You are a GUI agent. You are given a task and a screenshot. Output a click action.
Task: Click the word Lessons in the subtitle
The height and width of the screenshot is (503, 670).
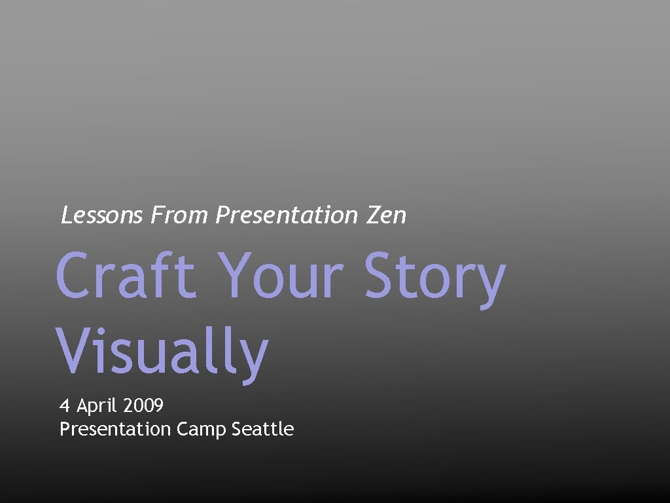click(x=101, y=215)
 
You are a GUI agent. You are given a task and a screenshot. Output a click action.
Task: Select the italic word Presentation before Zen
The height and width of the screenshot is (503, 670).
click(x=287, y=215)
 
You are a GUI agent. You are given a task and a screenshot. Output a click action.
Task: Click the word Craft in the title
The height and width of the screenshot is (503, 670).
click(x=126, y=276)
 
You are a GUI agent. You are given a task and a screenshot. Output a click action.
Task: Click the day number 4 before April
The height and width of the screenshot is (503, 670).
click(x=65, y=406)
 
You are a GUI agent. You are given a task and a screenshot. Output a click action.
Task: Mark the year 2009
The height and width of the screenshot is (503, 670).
click(x=143, y=406)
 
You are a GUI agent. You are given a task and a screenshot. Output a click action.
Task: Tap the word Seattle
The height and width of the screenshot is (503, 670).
click(x=263, y=430)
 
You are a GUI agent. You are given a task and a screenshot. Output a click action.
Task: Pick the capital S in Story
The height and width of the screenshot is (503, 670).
click(x=381, y=276)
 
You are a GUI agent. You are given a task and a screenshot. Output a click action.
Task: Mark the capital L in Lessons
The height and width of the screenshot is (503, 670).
click(x=67, y=215)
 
